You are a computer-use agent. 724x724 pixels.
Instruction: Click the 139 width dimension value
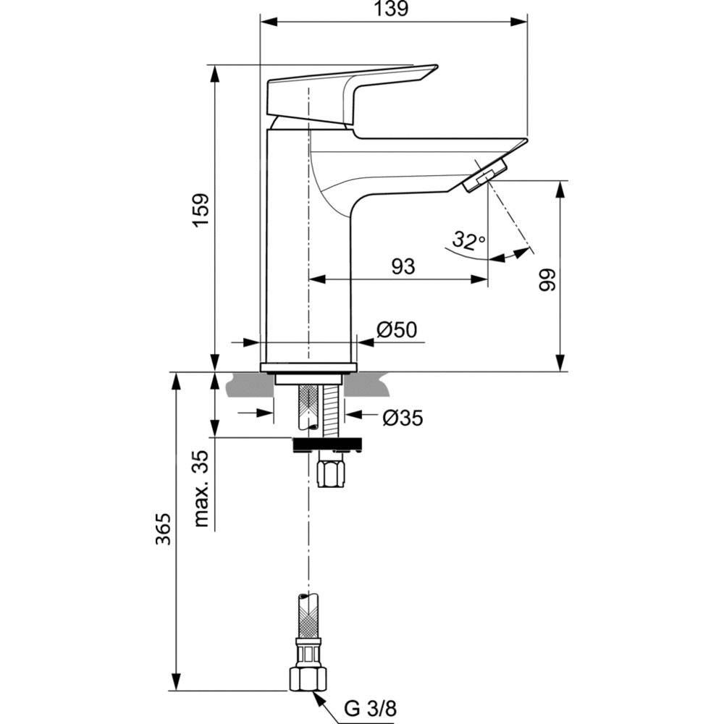click(392, 9)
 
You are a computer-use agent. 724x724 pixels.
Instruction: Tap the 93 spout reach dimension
click(403, 266)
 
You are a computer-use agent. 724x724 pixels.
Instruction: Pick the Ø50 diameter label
click(397, 330)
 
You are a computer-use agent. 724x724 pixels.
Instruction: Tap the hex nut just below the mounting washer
click(333, 474)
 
